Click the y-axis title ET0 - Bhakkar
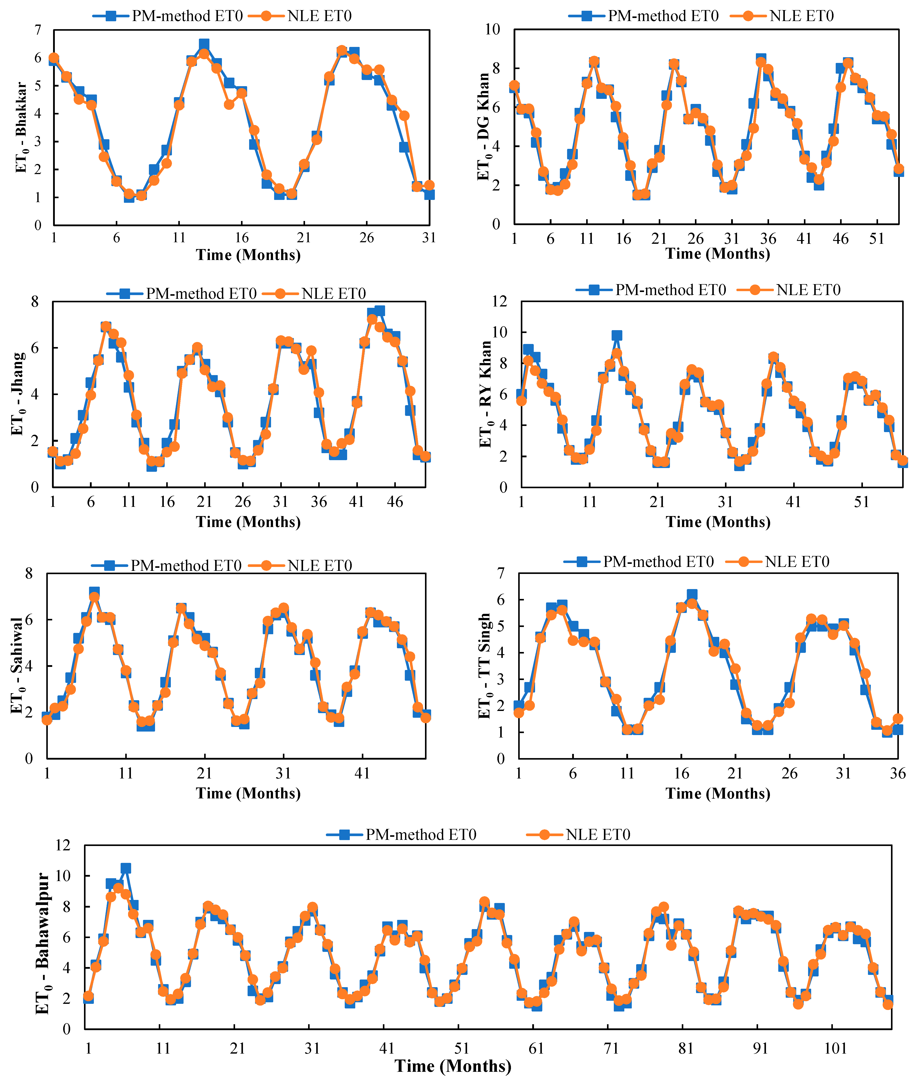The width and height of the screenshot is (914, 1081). point(21,127)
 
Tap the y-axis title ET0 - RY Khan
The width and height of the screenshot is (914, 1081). point(485,394)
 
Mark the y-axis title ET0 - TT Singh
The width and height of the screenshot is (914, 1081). point(484,666)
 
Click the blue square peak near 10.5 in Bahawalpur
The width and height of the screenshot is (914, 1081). point(126,868)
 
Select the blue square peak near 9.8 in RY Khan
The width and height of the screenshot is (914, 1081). point(617,336)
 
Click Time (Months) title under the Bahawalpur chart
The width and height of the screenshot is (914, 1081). point(453,1066)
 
